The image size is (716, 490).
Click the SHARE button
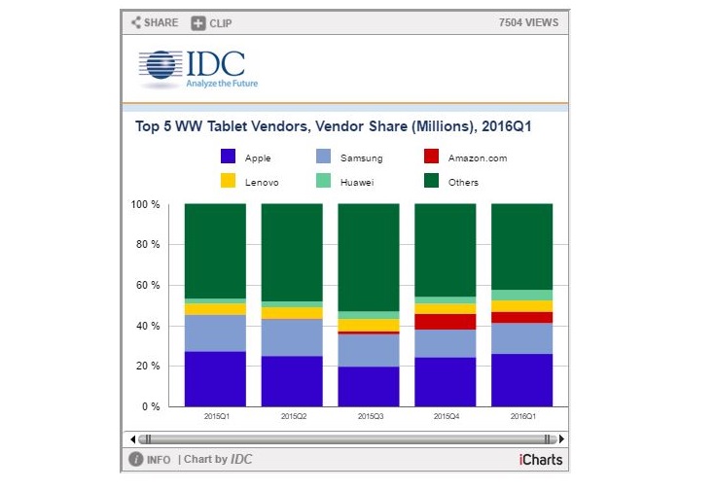[x=155, y=22]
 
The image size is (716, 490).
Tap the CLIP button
[x=211, y=22]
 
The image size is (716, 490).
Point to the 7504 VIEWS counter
[x=528, y=22]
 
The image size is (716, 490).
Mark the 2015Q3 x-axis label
[x=369, y=416]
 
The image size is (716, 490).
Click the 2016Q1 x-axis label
[x=521, y=416]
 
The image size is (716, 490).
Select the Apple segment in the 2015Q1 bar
[x=215, y=379]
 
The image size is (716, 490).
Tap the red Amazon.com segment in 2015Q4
[x=446, y=322]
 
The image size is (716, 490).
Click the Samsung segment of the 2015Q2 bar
[x=292, y=337]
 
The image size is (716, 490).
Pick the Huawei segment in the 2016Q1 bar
[x=521, y=295]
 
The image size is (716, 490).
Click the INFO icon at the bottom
[x=137, y=460]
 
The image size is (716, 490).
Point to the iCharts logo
[x=541, y=460]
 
